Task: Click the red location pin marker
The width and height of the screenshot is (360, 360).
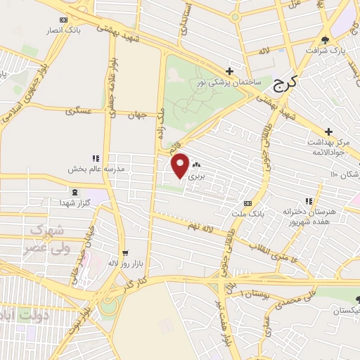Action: click(181, 165)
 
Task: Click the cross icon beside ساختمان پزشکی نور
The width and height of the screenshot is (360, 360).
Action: click(229, 71)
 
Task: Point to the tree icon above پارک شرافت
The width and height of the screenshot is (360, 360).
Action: click(324, 39)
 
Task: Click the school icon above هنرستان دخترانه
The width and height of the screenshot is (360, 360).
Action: click(309, 200)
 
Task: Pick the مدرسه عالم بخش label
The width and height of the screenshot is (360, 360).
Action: click(96, 169)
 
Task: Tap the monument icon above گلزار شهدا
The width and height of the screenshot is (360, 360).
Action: click(75, 192)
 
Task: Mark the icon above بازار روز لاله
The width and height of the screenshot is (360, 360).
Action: click(124, 252)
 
